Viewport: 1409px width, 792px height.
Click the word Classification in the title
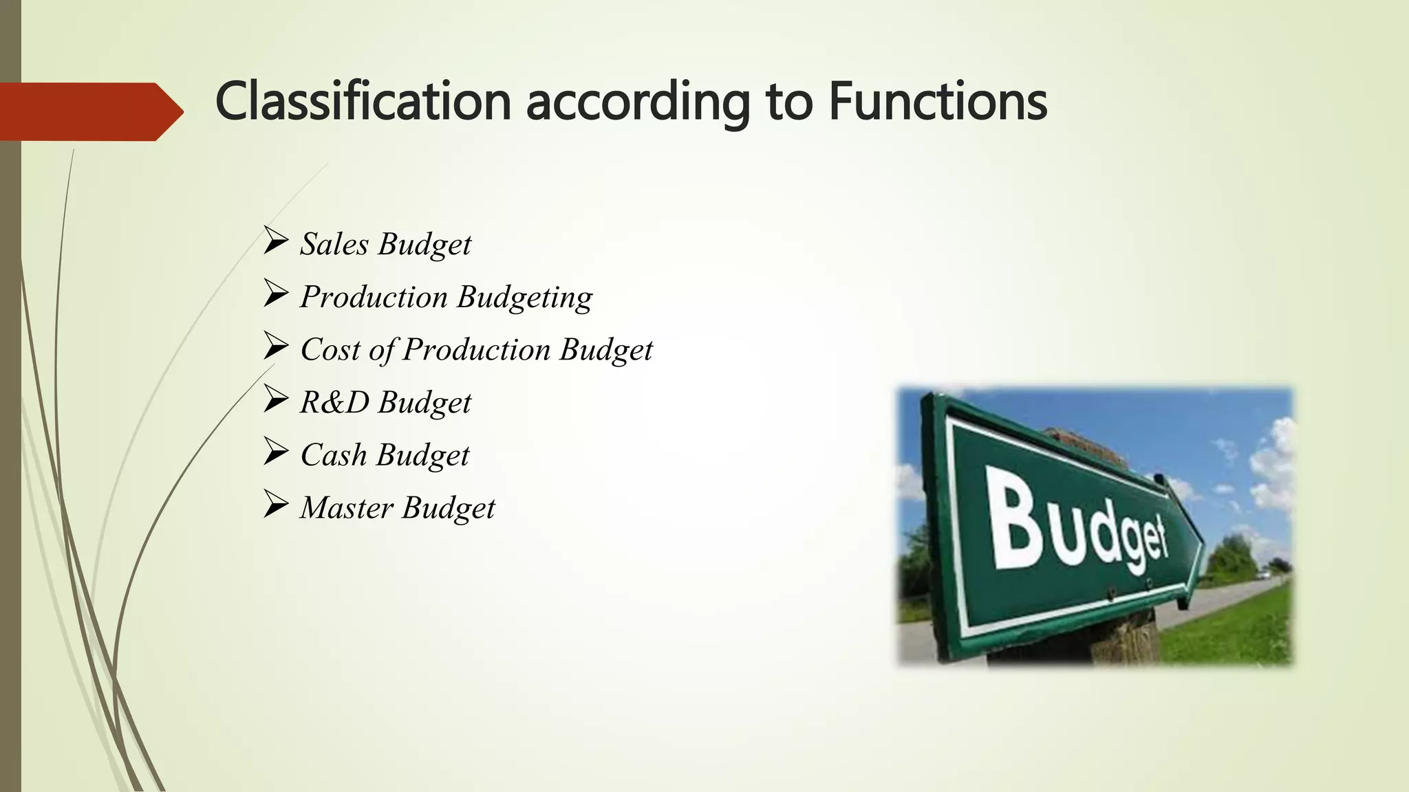tap(363, 101)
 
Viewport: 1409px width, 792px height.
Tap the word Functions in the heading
tap(937, 101)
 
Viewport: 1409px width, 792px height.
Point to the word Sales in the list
tap(334, 244)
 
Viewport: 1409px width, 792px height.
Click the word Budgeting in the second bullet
tap(524, 298)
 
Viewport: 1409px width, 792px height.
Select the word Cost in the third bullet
tap(330, 350)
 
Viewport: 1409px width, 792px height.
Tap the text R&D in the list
tap(334, 402)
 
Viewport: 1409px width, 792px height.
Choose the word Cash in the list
tap(334, 455)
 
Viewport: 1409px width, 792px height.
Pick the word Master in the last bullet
tap(346, 508)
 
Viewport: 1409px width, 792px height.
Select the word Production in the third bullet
tap(476, 350)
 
